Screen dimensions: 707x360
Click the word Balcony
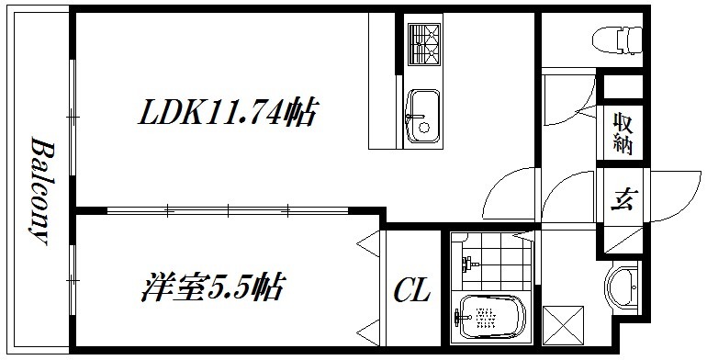coord(39,191)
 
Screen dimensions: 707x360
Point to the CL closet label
coord(412,292)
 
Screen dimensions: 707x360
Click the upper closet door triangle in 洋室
coord(369,248)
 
